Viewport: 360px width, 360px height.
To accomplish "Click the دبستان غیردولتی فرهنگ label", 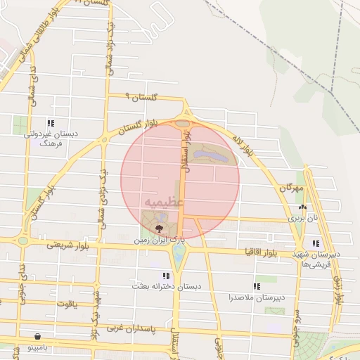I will point(51,137).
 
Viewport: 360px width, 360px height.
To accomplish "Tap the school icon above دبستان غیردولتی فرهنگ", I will point(50,122).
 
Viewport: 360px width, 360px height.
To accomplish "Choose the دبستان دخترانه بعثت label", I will point(166,287).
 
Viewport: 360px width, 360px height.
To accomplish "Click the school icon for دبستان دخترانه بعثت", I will point(166,276).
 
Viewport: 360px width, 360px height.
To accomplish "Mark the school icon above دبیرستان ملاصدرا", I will point(256,286).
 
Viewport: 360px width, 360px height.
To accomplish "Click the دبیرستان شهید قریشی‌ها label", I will point(316,259).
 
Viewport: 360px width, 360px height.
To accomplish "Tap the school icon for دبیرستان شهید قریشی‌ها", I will point(316,243).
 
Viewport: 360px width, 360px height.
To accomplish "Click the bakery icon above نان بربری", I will point(303,207).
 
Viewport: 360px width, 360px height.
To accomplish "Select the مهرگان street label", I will point(290,188).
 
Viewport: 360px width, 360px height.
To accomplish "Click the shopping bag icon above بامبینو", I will point(36,336).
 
